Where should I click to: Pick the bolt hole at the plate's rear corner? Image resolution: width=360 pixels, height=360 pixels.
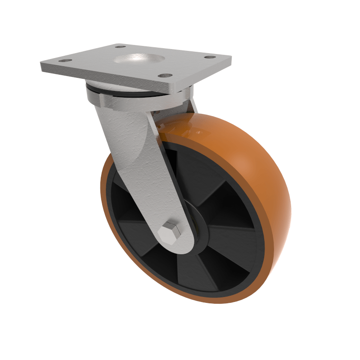coord(120,46)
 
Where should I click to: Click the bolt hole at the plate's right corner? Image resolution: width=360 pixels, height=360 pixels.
coord(209,57)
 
